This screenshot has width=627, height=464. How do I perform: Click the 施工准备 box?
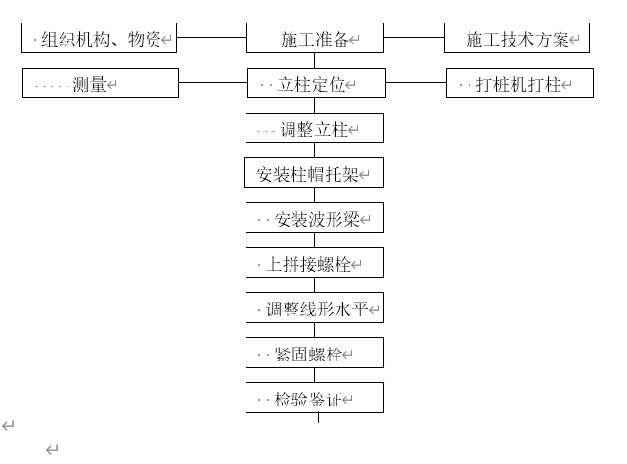pos(314,39)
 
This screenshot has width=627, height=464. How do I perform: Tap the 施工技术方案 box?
pos(516,39)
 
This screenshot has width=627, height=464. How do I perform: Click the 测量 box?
pos(101,83)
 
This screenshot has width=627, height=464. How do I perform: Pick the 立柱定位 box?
pos(314,83)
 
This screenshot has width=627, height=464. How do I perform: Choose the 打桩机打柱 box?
pos(519,83)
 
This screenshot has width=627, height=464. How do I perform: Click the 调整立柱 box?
pos(314,128)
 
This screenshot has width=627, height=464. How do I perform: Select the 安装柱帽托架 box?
pos(314,173)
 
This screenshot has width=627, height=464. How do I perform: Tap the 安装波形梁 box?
pos(314,217)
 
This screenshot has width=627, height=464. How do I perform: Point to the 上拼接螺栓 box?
pos(314,262)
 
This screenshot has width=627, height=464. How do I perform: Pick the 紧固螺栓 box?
pos(314,352)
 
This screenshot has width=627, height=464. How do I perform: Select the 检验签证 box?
pos(314,397)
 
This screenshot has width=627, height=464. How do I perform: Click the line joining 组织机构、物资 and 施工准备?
pos(211,39)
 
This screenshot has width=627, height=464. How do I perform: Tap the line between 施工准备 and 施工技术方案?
pos(414,39)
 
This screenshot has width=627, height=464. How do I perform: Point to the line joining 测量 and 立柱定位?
pos(212,83)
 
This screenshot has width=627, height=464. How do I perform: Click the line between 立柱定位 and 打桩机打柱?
pos(415,83)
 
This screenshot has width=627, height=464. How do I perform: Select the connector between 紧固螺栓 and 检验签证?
pos(315,375)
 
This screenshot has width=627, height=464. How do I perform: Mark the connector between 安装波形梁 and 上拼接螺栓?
pos(315,240)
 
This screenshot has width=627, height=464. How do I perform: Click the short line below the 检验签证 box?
pos(318,418)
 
